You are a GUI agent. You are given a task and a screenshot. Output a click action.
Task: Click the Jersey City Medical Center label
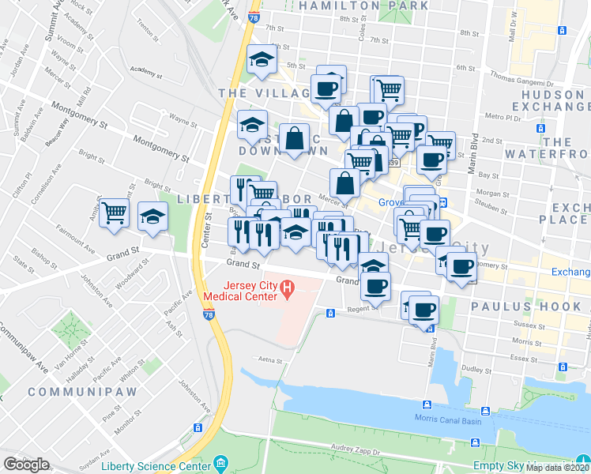point(240,291)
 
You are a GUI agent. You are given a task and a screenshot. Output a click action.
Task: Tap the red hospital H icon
point(288,291)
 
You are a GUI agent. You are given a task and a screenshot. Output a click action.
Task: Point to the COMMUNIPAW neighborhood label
point(82,391)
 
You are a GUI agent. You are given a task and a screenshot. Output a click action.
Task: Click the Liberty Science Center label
point(160,462)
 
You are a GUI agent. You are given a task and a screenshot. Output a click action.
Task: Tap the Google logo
point(26,464)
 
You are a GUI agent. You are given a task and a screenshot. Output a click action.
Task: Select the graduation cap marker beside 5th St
point(261,60)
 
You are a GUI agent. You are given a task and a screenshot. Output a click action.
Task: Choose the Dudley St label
point(477,368)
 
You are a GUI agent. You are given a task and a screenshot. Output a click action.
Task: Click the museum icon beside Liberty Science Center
point(220,462)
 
